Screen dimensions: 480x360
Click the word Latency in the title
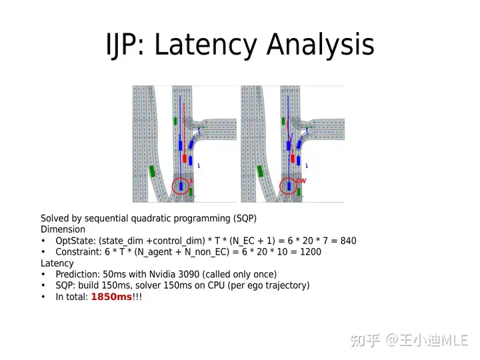(x=206, y=45)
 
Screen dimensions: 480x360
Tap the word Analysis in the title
(x=321, y=45)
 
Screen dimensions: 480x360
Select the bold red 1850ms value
(x=111, y=297)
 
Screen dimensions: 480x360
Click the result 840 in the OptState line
(x=348, y=241)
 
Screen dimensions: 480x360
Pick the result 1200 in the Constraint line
(x=311, y=251)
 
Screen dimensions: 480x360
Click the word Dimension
(x=63, y=229)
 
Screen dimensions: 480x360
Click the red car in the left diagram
(x=185, y=159)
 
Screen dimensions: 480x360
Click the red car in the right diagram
(x=293, y=159)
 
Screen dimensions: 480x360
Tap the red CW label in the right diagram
(x=301, y=181)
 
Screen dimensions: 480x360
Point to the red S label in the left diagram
(x=191, y=181)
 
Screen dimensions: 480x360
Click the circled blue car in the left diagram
(x=181, y=186)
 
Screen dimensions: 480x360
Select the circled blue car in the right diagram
(x=289, y=186)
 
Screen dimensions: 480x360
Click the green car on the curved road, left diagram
(x=152, y=171)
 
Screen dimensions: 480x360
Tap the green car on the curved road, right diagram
(x=260, y=171)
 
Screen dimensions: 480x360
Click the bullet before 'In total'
(x=43, y=297)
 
